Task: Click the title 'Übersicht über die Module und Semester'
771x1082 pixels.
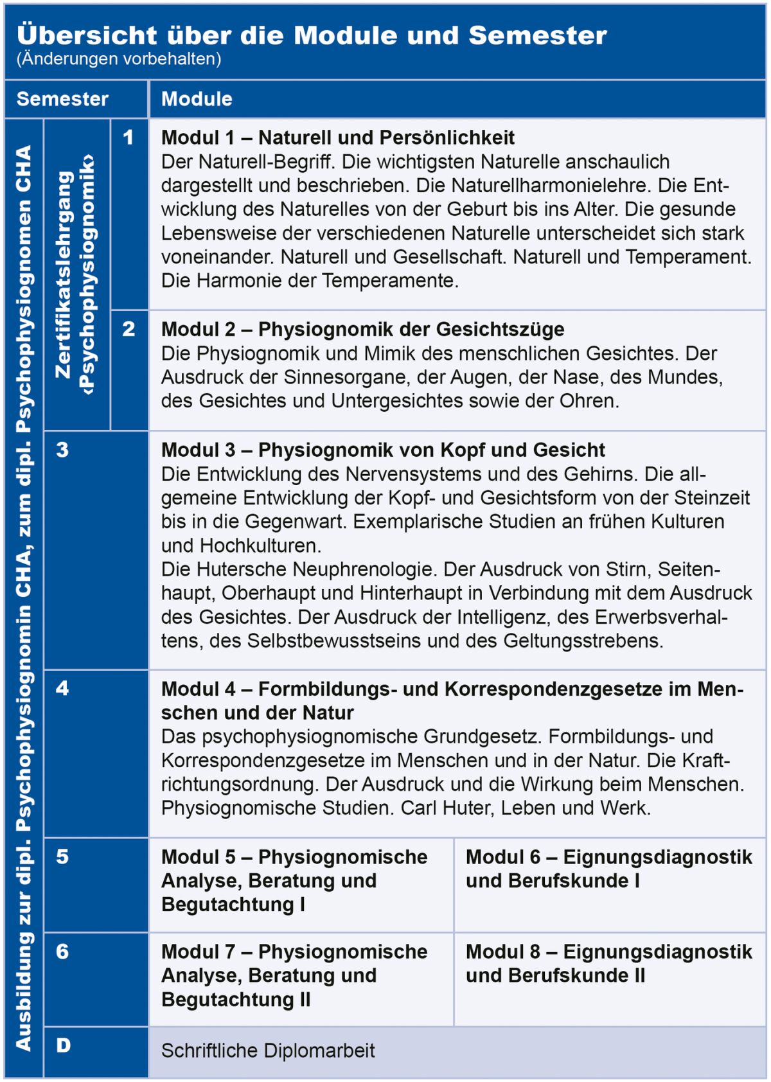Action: click(312, 35)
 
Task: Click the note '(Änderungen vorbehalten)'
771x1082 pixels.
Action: click(119, 59)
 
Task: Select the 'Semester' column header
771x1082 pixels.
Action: click(62, 99)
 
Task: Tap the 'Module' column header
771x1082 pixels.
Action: click(197, 99)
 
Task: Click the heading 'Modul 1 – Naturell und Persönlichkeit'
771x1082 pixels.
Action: click(338, 137)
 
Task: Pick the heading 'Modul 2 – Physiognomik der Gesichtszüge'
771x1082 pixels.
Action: click(362, 329)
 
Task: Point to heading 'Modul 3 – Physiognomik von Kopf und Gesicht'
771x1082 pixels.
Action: click(383, 450)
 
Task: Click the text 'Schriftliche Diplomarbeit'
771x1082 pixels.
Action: click(268, 1051)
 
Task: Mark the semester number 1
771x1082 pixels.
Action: click(128, 137)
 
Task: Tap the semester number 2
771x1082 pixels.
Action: click(128, 329)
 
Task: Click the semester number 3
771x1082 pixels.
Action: click(62, 450)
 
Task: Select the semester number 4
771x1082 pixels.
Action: click(62, 689)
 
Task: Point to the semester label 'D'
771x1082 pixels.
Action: click(63, 1045)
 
